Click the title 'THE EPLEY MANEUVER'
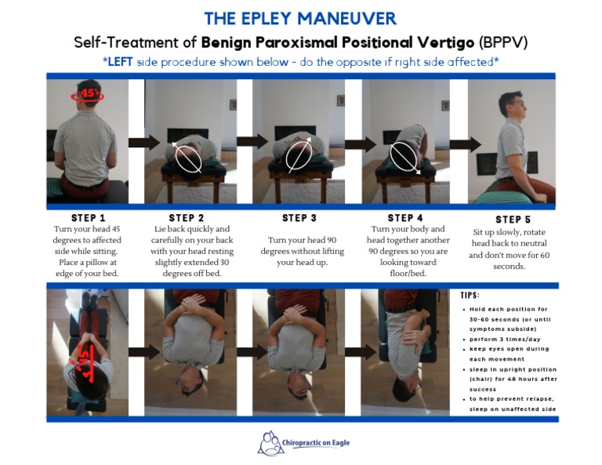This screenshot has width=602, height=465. [300, 17]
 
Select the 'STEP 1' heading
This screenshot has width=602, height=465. [87, 217]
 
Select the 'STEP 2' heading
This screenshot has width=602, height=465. [187, 217]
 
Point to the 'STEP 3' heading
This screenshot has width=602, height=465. [300, 217]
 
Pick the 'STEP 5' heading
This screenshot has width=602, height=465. [513, 220]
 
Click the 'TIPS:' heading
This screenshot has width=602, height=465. [471, 296]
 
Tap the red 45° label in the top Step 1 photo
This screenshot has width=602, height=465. [87, 94]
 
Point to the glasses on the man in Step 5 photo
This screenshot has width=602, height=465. [517, 102]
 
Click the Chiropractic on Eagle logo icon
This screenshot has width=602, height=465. [270, 443]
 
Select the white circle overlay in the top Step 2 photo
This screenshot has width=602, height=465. [188, 157]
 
